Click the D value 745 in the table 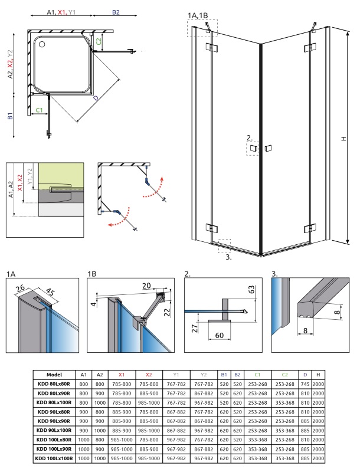pyautogui.click(x=305, y=384)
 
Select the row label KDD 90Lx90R pyautogui.click(x=54, y=421)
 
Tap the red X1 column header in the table pyautogui.click(x=122, y=375)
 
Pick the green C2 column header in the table pyautogui.click(x=284, y=375)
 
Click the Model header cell pyautogui.click(x=54, y=375)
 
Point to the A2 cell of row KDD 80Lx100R pyautogui.click(x=100, y=403)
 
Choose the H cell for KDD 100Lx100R pyautogui.click(x=318, y=458)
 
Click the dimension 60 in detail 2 pyautogui.click(x=220, y=335)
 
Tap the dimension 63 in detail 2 pyautogui.click(x=251, y=290)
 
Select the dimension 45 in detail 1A pyautogui.click(x=50, y=291)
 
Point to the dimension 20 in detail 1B pyautogui.click(x=146, y=286)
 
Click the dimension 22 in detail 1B pyautogui.click(x=167, y=312)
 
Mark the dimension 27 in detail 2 pyautogui.click(x=195, y=328)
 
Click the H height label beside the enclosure pyautogui.click(x=343, y=139)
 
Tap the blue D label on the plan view pyautogui.click(x=96, y=98)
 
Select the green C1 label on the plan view pyautogui.click(x=40, y=110)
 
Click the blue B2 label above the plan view pyautogui.click(x=116, y=12)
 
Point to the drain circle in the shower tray pyautogui.click(x=41, y=44)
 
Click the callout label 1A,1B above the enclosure pyautogui.click(x=198, y=15)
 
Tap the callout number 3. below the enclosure pyautogui.click(x=229, y=257)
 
